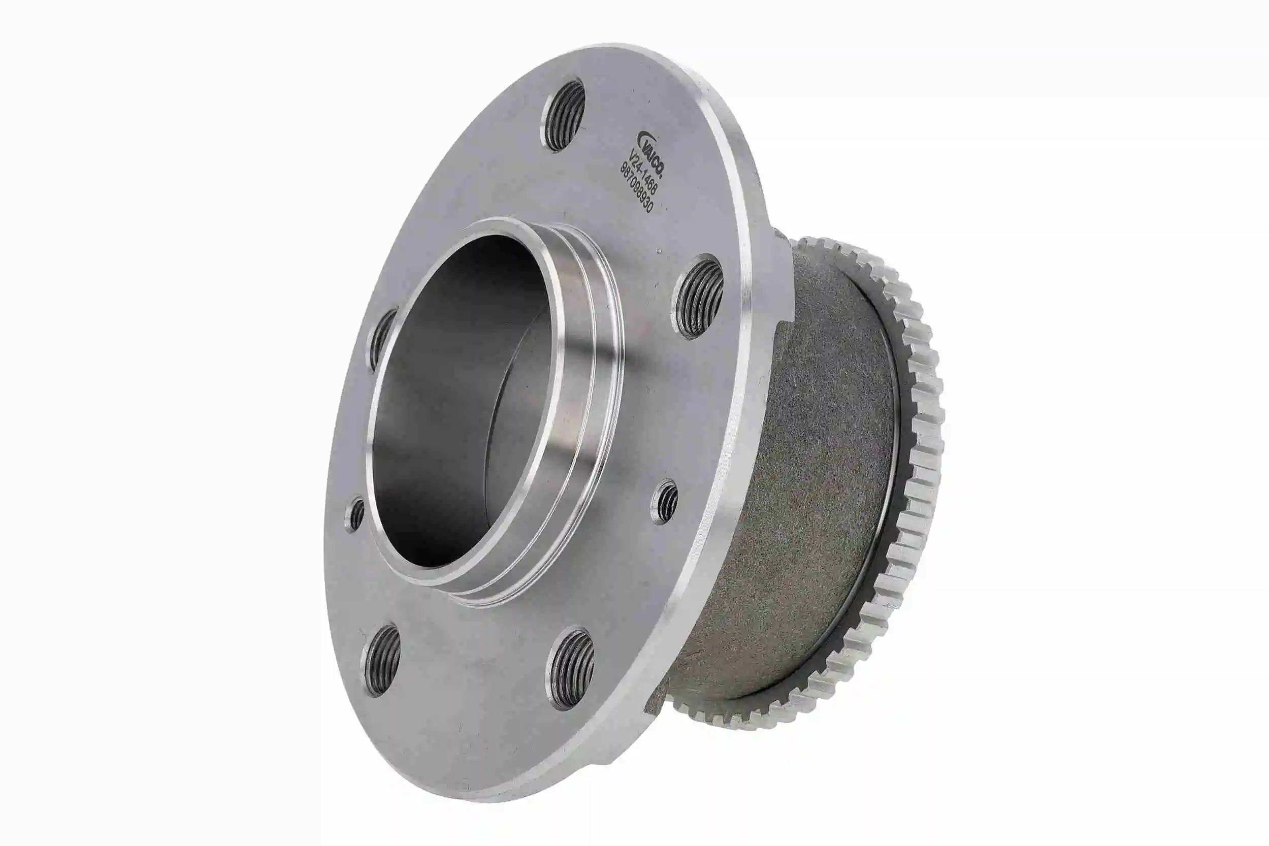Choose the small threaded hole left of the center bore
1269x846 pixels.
[x=356, y=514]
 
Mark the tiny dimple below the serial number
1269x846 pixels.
[x=659, y=250]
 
